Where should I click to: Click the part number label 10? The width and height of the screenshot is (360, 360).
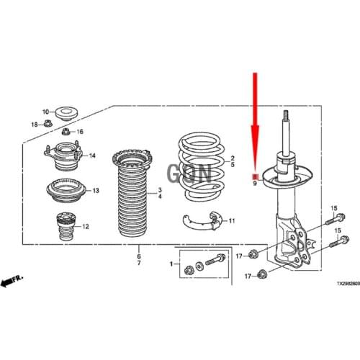pyautogui.click(x=45, y=112)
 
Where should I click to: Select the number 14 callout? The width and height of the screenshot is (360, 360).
pyautogui.click(x=92, y=156)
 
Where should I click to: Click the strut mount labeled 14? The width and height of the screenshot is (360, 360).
pyautogui.click(x=63, y=155)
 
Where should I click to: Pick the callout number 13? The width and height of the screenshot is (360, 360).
pyautogui.click(x=95, y=191)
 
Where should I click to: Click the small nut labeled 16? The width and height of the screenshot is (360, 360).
pyautogui.click(x=66, y=132)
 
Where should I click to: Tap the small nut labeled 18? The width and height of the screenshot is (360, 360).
pyautogui.click(x=45, y=125)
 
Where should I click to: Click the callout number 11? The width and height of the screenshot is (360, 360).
pyautogui.click(x=231, y=221)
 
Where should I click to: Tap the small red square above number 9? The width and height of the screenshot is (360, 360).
pyautogui.click(x=254, y=176)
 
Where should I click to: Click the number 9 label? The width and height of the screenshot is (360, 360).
pyautogui.click(x=254, y=184)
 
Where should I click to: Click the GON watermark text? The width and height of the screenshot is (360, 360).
pyautogui.click(x=189, y=173)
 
